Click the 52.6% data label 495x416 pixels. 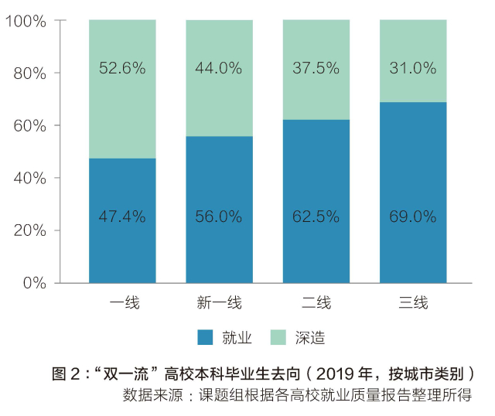pyautogui.click(x=122, y=68)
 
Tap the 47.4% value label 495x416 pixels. pyautogui.click(x=122, y=217)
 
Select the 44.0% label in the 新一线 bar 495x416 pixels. pyautogui.click(x=219, y=68)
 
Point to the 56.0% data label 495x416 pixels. pyautogui.click(x=219, y=217)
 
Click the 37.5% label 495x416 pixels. pyautogui.click(x=316, y=68)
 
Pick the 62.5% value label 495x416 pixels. pyautogui.click(x=316, y=217)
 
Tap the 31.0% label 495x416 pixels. pyautogui.click(x=413, y=68)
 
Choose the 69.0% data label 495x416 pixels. pyautogui.click(x=413, y=217)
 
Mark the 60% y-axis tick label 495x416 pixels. pyautogui.click(x=29, y=125)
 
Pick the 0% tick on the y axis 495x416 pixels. pyautogui.click(x=34, y=283)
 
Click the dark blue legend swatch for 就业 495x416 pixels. pyautogui.click(x=205, y=338)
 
